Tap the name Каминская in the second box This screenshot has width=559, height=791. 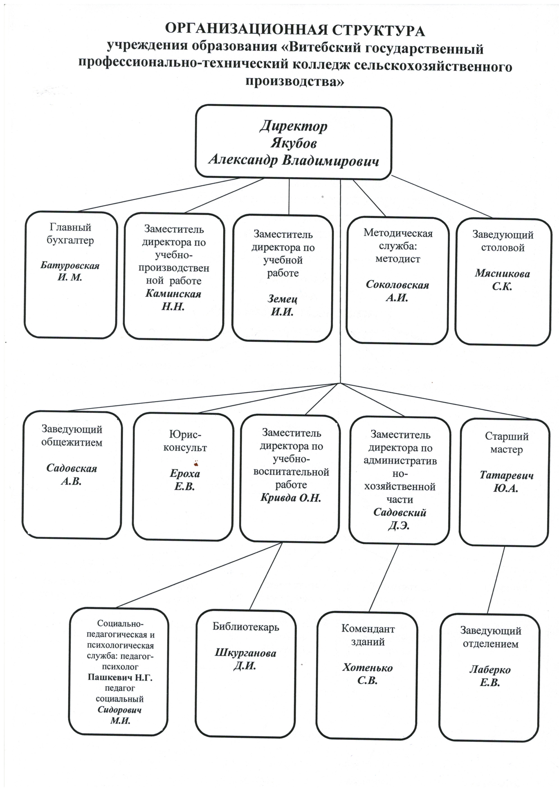[173, 294]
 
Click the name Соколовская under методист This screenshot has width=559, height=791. [397, 285]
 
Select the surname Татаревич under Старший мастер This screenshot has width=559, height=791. [507, 475]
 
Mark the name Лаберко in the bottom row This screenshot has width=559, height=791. [490, 670]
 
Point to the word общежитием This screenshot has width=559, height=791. [72, 442]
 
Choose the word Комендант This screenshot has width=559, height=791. [368, 629]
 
